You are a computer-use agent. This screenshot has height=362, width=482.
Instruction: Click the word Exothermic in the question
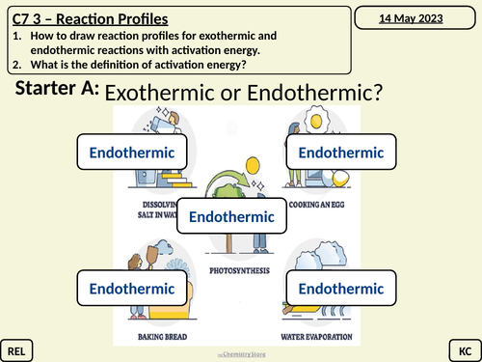coord(173,93)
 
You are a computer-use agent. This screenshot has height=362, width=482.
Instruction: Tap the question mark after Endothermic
coord(378,93)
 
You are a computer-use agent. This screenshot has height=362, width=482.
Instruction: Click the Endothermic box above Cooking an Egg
coord(341,153)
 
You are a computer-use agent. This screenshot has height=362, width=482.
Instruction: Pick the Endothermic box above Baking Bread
coord(132,288)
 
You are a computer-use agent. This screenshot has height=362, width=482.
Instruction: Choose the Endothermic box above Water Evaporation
coord(341,288)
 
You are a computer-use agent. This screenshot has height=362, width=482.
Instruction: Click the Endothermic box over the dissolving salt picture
coord(132,153)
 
